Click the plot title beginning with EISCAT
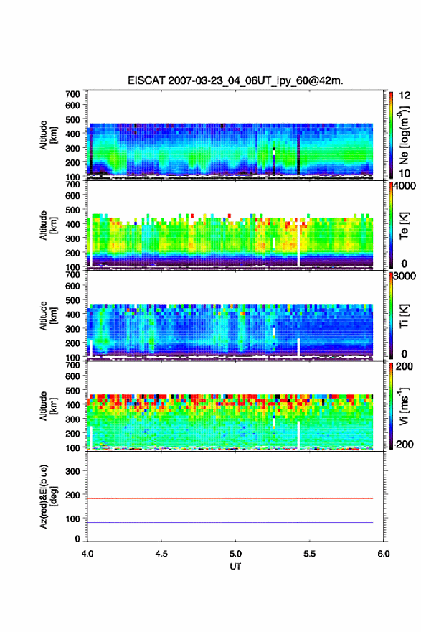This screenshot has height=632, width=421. coord(235,80)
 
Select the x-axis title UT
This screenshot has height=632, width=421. coord(235,567)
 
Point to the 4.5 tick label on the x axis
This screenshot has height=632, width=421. coord(161,554)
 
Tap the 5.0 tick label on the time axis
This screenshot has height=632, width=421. coord(235,554)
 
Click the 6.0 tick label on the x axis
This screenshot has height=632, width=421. coord(384,554)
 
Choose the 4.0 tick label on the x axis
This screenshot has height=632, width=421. coord(87,554)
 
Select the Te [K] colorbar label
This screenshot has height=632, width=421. coord(405,226)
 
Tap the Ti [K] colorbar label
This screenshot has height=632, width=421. coord(405,315)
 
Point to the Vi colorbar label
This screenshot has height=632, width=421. coord(405,406)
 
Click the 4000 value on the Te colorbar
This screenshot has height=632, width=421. coord(405,186)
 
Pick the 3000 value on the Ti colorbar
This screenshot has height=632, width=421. coord(405,276)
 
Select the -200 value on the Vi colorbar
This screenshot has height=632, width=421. coord(403,444)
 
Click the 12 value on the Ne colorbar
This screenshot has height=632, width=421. coord(405,96)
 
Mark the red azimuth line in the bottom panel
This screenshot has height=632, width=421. coord(230,498)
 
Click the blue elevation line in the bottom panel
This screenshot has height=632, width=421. coord(230,522)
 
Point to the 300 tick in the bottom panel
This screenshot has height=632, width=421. coord(72,471)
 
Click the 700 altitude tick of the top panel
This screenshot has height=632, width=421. coord(72,94)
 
